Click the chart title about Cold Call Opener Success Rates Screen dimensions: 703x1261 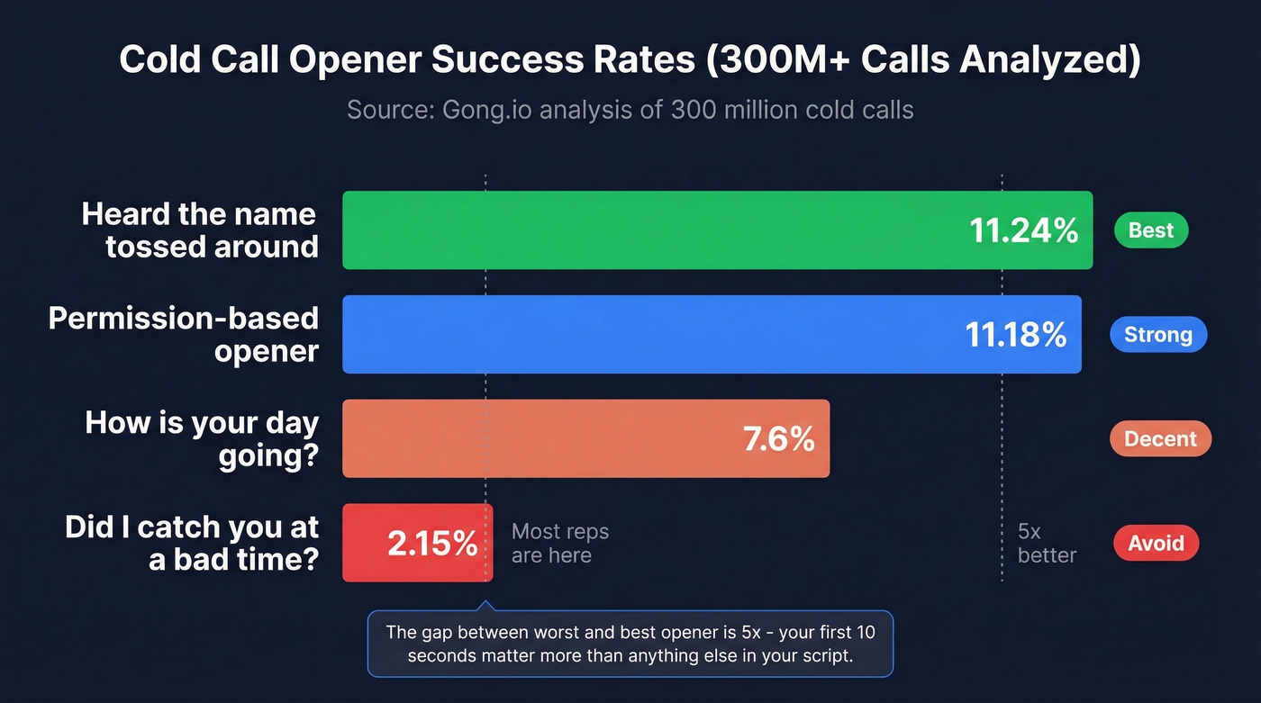pos(630,60)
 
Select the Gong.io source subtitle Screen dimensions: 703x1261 pos(630,110)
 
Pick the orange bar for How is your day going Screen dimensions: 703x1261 pos(540,439)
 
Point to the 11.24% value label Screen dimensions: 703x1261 pos(1023,231)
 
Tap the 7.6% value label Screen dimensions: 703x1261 pos(778,439)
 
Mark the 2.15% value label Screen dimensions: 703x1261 pos(432,544)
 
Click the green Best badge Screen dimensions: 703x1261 pos(1151,230)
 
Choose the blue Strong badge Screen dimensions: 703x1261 pos(1157,335)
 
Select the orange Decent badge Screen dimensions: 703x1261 pos(1160,439)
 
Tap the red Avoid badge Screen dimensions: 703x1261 pos(1156,543)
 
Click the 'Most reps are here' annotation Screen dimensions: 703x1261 pos(559,543)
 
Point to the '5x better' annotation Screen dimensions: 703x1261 pos(1046,543)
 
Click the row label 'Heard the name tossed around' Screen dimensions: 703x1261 pos(200,230)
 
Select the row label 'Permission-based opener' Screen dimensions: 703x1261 pos(184,335)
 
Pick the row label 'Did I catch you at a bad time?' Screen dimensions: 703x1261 pos(192,543)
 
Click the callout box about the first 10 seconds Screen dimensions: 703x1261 pos(630,644)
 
